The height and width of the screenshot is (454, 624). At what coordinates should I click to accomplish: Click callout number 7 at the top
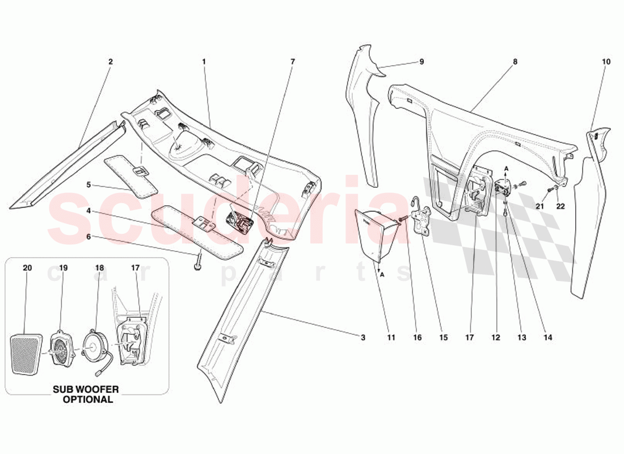click(x=293, y=61)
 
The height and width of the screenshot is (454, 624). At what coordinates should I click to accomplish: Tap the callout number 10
click(x=606, y=61)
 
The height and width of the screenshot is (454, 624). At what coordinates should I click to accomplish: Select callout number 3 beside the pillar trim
click(x=362, y=338)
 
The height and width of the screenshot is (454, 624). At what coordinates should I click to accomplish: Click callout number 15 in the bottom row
click(x=443, y=338)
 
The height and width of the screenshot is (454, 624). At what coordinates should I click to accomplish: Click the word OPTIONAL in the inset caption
click(x=88, y=399)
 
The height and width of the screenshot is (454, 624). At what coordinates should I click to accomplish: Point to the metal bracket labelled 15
click(x=421, y=221)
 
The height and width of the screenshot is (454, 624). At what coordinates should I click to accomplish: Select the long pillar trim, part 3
click(x=238, y=323)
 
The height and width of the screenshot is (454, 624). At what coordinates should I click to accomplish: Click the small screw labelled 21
click(x=549, y=190)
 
